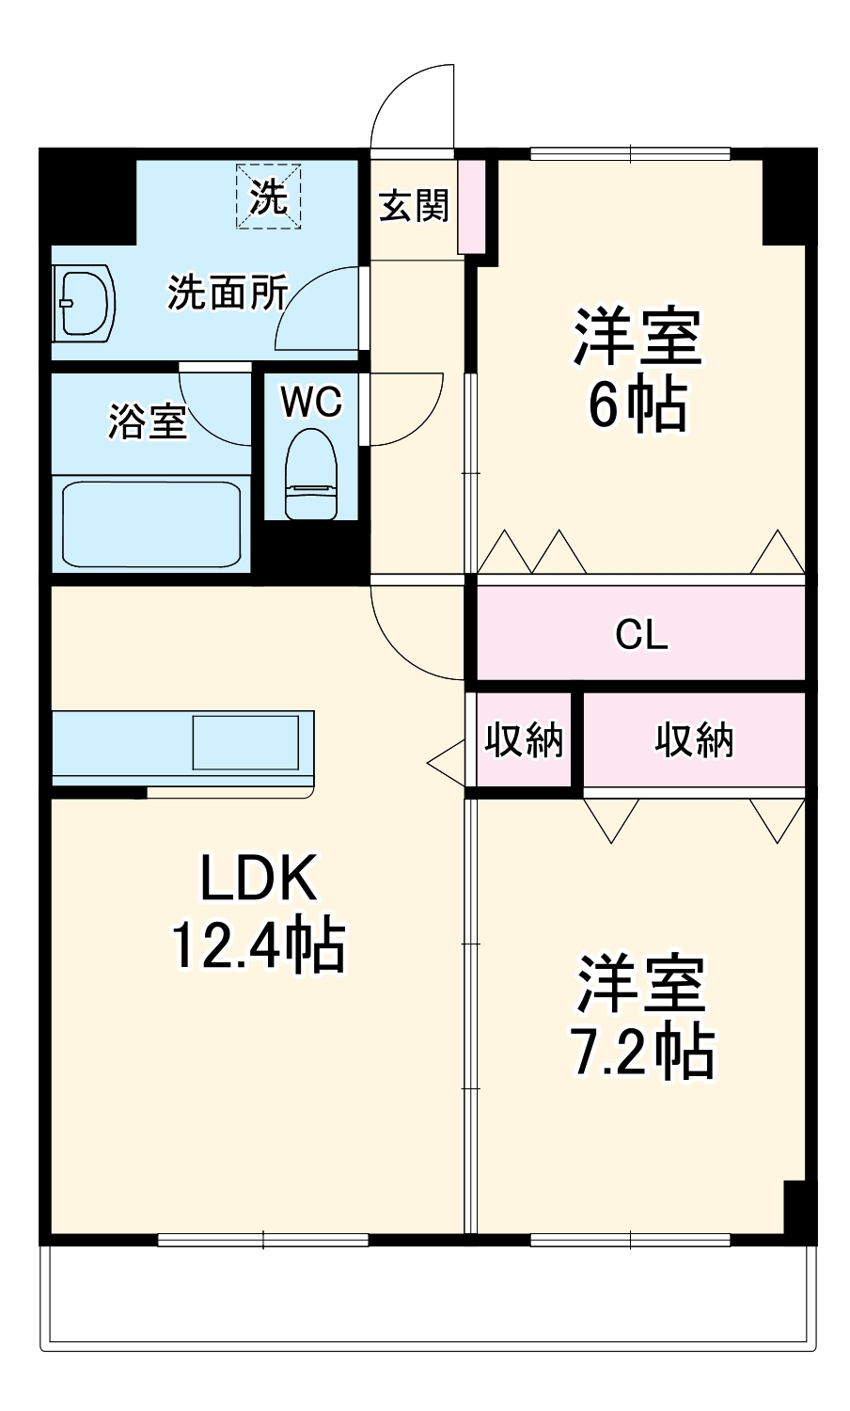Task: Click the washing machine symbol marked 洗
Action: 269,197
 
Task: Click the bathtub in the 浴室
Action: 151,525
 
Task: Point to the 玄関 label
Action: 414,205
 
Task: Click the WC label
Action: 311,402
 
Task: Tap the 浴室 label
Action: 148,420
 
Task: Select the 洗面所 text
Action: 228,293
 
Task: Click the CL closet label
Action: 641,635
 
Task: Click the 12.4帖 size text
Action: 258,944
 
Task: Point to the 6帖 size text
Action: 637,405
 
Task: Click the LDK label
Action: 258,878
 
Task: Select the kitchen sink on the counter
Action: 245,742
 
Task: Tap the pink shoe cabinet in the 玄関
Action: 471,206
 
